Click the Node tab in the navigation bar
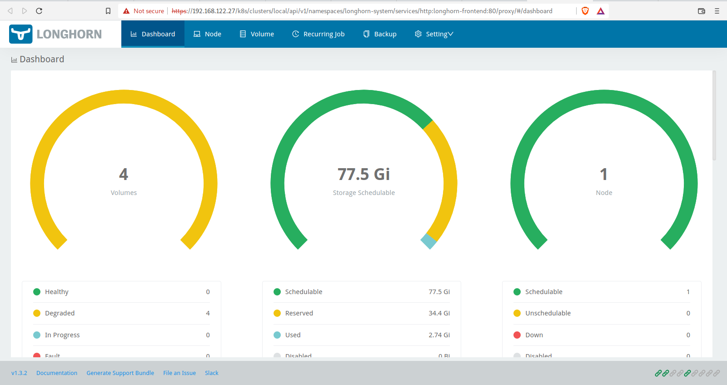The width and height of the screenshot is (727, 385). pos(208,34)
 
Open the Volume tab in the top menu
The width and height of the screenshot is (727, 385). pos(257,34)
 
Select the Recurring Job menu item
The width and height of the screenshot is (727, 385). pos(319,34)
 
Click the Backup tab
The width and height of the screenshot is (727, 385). pos(380,34)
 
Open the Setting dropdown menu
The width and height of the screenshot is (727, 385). pos(434,34)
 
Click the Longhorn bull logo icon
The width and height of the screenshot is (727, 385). pos(21,34)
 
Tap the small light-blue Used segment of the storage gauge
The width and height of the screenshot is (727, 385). pos(428,241)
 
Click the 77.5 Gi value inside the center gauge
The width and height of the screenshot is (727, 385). pos(363,174)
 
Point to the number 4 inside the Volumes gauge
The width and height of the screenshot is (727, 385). pos(124,174)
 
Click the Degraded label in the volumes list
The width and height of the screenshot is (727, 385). pos(60,313)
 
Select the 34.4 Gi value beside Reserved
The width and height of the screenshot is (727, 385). pos(439,313)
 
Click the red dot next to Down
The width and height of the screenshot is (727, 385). pos(517,335)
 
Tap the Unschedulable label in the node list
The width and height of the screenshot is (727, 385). pos(548,313)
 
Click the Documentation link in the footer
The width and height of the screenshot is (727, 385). pos(57,373)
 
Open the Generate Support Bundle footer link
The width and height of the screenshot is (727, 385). pos(120,373)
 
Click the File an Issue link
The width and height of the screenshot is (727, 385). pos(179,373)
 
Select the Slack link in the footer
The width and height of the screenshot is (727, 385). pos(211,373)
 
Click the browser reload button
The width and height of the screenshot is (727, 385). pos(39,11)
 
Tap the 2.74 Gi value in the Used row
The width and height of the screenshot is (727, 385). pos(439,335)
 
